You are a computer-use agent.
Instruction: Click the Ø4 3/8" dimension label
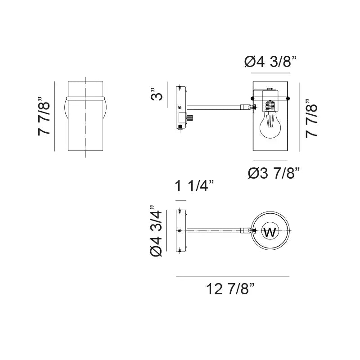pyautogui.click(x=271, y=62)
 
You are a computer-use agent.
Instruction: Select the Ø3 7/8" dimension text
pyautogui.click(x=274, y=173)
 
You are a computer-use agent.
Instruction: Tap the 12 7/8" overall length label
pyautogui.click(x=231, y=288)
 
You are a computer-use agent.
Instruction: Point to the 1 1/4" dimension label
pyautogui.click(x=194, y=186)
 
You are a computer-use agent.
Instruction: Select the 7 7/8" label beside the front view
pyautogui.click(x=45, y=116)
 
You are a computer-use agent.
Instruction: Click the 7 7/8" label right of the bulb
pyautogui.click(x=311, y=117)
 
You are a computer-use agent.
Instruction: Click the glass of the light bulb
pyautogui.click(x=269, y=128)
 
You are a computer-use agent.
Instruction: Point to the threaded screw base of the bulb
pyautogui.click(x=270, y=106)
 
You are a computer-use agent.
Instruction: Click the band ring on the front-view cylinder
pyautogui.click(x=85, y=97)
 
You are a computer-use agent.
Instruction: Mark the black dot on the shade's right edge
pyautogui.click(x=288, y=98)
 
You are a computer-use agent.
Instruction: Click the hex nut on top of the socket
pyautogui.click(x=270, y=90)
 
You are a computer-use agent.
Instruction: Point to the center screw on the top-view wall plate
pyautogui.click(x=180, y=230)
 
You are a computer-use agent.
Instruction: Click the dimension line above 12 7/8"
pyautogui.click(x=233, y=276)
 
